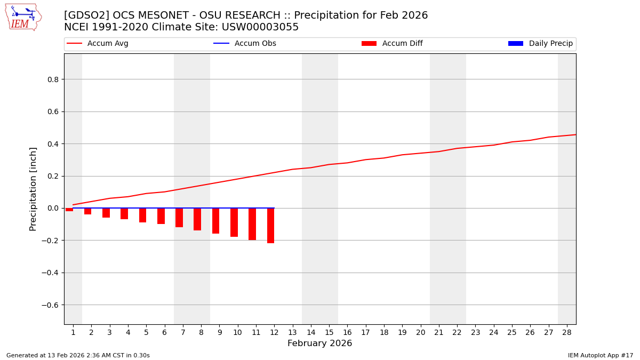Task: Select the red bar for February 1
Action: [x=69, y=210]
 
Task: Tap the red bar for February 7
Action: [x=179, y=218]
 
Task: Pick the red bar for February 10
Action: [x=234, y=222]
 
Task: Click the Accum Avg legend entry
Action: [x=98, y=44]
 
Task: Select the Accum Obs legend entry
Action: [x=245, y=44]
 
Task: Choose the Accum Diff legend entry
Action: [x=392, y=44]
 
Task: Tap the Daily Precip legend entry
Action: [x=540, y=44]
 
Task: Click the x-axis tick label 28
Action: [x=567, y=332]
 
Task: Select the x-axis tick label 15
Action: [x=329, y=332]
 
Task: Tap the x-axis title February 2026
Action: [x=319, y=343]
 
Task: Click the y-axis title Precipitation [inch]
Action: [x=33, y=189]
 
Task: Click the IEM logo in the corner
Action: [x=23, y=17]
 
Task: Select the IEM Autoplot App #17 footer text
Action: [x=600, y=355]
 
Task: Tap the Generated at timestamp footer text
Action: [x=78, y=355]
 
